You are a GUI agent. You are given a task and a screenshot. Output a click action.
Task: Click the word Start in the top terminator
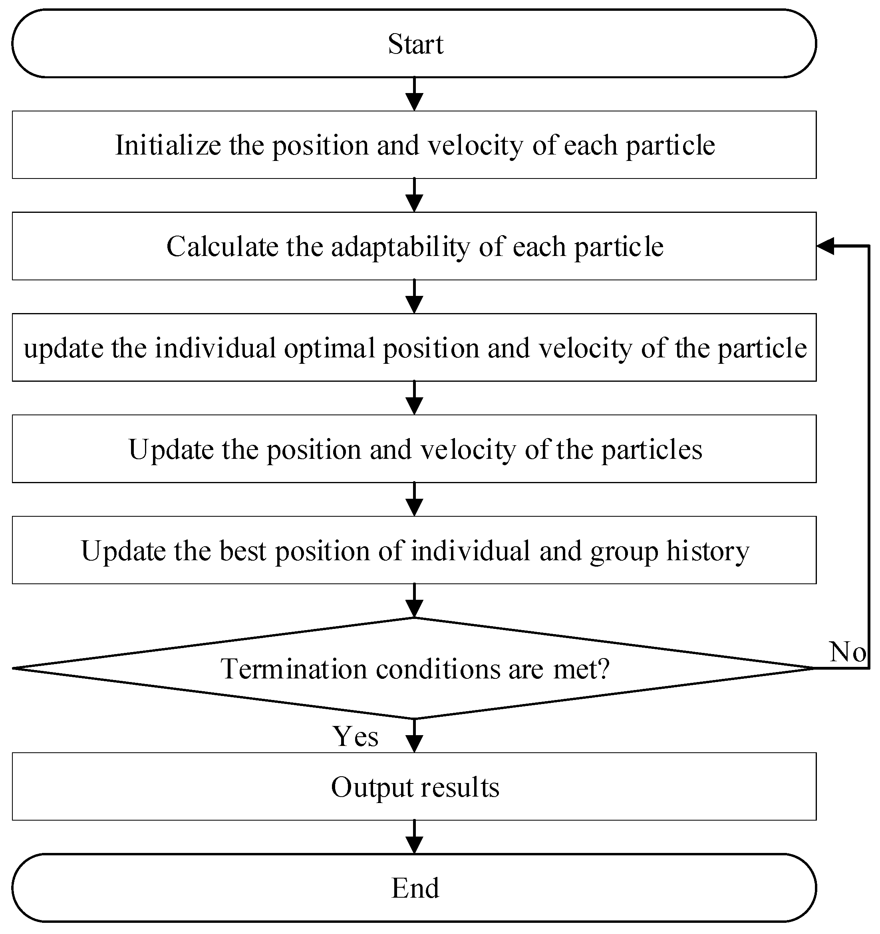coord(415,44)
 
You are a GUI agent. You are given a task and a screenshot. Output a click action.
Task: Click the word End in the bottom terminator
coord(415,888)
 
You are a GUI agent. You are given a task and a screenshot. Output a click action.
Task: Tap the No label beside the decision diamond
coord(847,652)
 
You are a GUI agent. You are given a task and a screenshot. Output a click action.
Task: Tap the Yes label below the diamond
coord(356,736)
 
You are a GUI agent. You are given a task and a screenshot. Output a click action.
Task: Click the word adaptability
coord(400,246)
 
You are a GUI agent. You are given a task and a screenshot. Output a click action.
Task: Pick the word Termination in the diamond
coord(293,668)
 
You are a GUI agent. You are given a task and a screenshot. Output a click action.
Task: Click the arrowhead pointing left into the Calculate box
coord(825,246)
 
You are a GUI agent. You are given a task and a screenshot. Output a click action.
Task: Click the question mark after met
coord(604,668)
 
